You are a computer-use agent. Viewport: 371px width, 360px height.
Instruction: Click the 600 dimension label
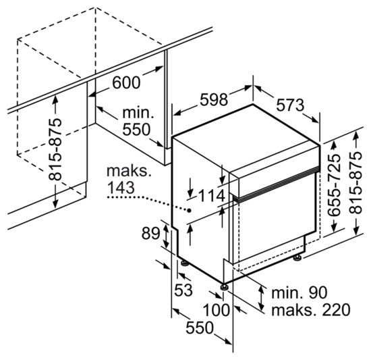pyautogui.click(x=126, y=82)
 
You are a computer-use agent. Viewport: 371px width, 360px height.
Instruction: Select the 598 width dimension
pyautogui.click(x=214, y=99)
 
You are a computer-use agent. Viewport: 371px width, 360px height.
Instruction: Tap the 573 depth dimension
pyautogui.click(x=290, y=105)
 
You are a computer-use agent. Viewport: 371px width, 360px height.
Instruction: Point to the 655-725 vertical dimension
pyautogui.click(x=334, y=185)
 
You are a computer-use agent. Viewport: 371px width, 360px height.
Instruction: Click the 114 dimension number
pyautogui.click(x=212, y=196)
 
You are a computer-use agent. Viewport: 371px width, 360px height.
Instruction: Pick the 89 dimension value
pyautogui.click(x=151, y=234)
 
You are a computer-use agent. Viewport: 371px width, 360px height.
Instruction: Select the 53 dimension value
pyautogui.click(x=183, y=290)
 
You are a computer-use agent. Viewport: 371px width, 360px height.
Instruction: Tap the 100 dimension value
pyautogui.click(x=217, y=310)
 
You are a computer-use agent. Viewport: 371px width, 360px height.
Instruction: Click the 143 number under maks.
pyautogui.click(x=121, y=188)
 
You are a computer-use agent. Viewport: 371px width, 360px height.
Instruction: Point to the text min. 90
pyautogui.click(x=299, y=292)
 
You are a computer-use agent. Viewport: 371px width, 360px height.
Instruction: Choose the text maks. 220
pyautogui.click(x=311, y=310)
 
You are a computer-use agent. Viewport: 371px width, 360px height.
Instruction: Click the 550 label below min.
pyautogui.click(x=136, y=129)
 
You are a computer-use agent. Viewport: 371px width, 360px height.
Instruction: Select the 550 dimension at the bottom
pyautogui.click(x=200, y=328)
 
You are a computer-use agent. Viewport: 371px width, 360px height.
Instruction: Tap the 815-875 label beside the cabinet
pyautogui.click(x=55, y=149)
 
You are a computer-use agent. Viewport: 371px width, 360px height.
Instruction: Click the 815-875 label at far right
pyautogui.click(x=355, y=183)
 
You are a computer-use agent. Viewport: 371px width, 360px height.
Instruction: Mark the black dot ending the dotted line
pyautogui.click(x=190, y=210)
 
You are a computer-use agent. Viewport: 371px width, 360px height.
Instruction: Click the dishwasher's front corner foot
pyautogui.click(x=224, y=286)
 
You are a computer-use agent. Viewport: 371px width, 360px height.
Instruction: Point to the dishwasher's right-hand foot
pyautogui.click(x=297, y=258)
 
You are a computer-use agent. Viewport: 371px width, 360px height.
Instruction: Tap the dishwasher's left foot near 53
pyautogui.click(x=185, y=263)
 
